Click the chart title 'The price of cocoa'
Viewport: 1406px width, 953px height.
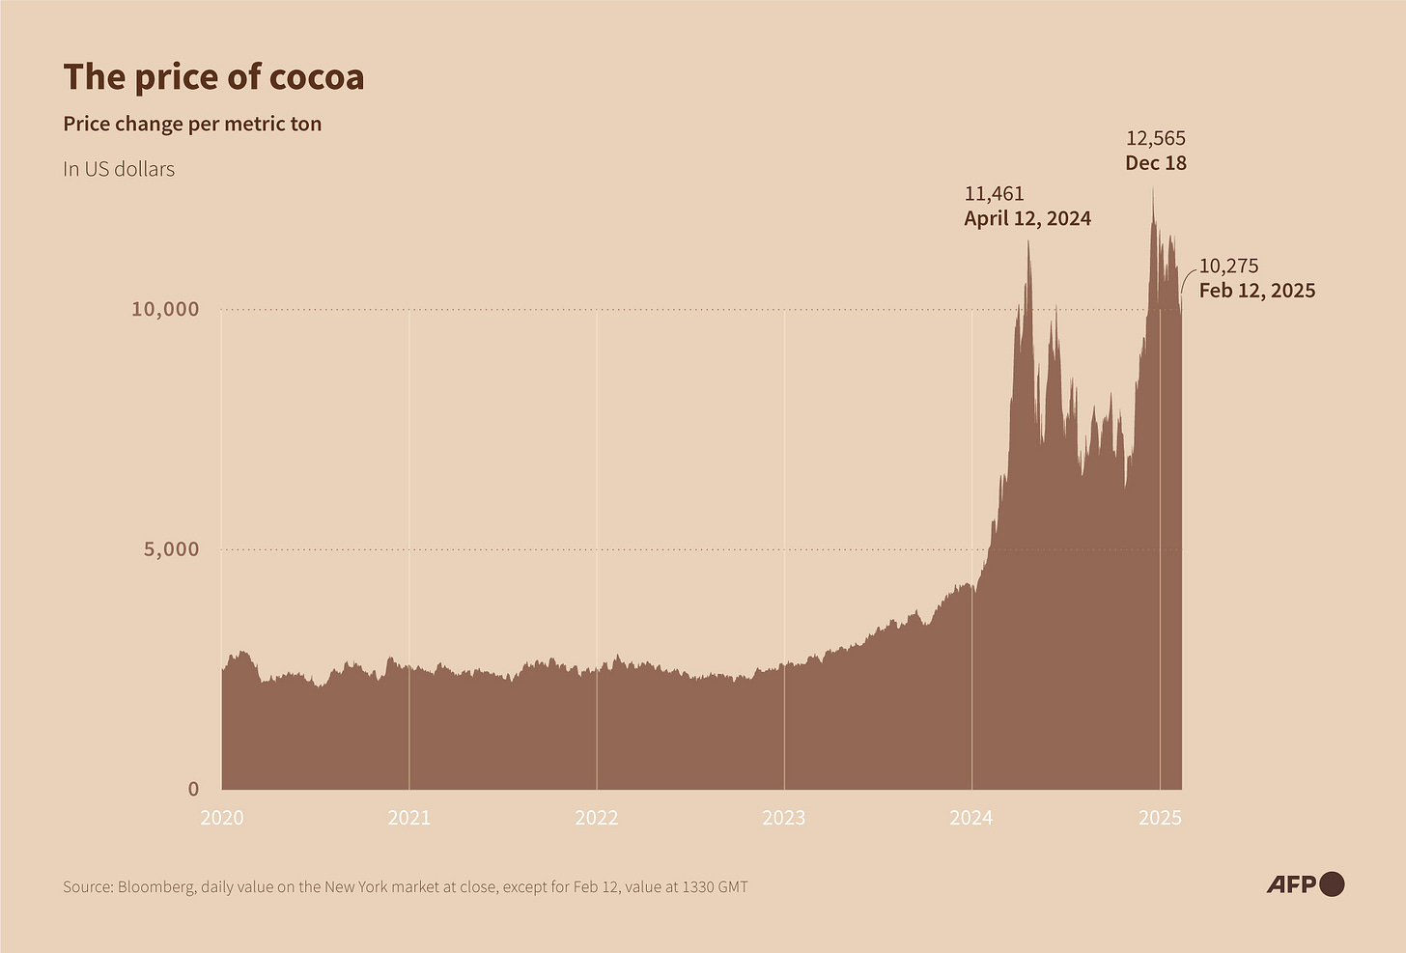[x=213, y=77]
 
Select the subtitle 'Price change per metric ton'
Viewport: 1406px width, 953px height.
[x=192, y=124]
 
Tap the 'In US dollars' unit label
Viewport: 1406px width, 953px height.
[x=119, y=169]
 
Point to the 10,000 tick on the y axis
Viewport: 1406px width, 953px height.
[x=165, y=309]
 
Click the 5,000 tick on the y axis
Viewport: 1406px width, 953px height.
[x=171, y=549]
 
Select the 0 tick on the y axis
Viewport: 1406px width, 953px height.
[x=193, y=789]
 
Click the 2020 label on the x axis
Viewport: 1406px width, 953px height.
[x=222, y=818]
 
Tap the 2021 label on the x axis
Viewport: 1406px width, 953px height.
[x=409, y=818]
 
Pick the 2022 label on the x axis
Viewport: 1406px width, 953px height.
[x=597, y=818]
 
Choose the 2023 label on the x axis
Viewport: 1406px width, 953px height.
[x=784, y=818]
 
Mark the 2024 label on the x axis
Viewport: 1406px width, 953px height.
[x=971, y=818]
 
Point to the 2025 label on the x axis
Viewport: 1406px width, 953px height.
[x=1160, y=818]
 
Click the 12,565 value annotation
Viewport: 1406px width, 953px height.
[x=1156, y=138]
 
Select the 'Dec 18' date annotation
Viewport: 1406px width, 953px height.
[x=1156, y=163]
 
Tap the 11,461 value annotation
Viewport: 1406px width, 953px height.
[x=994, y=194]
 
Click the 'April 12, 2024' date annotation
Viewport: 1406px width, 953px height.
[x=1027, y=219]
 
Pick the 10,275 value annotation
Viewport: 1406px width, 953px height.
[x=1228, y=266]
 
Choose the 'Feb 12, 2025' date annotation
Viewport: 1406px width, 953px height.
[x=1256, y=291]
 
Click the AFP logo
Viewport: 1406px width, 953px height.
[x=1305, y=883]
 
